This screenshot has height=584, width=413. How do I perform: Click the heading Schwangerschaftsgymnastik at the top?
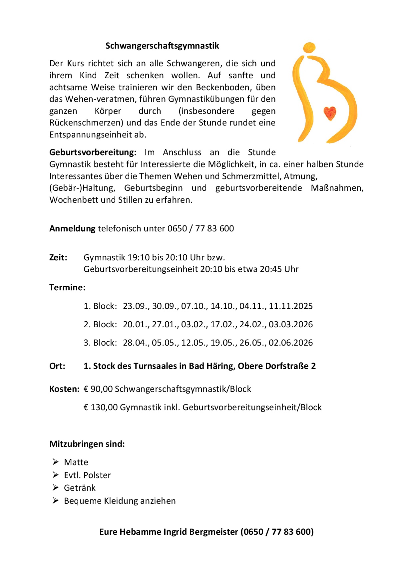pyautogui.click(x=162, y=46)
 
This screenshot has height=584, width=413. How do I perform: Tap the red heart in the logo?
pyautogui.click(x=330, y=113)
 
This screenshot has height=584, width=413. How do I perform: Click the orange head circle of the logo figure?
pyautogui.click(x=309, y=47)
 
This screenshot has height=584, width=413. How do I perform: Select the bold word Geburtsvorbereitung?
pyautogui.click(x=93, y=152)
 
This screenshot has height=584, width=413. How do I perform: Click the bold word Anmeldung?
pyautogui.click(x=72, y=228)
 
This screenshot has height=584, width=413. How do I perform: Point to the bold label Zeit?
pyautogui.click(x=58, y=257)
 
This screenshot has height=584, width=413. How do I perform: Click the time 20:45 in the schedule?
pyautogui.click(x=270, y=269)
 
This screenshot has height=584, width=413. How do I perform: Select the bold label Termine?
pyautogui.click(x=67, y=287)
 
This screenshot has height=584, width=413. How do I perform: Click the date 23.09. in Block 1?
pyautogui.click(x=136, y=306)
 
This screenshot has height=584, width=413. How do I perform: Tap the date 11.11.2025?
pyautogui.click(x=291, y=306)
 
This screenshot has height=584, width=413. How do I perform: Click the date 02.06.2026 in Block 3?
pyautogui.click(x=291, y=343)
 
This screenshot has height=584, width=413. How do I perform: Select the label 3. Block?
pyautogui.click(x=100, y=343)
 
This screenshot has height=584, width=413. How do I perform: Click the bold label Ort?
pyautogui.click(x=57, y=366)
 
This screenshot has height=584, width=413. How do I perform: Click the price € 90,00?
pyautogui.click(x=98, y=389)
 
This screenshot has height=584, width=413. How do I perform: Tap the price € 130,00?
pyautogui.click(x=100, y=407)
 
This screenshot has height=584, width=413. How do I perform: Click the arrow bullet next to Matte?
pyautogui.click(x=55, y=461)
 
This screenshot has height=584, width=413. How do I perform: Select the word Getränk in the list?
pyautogui.click(x=80, y=488)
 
